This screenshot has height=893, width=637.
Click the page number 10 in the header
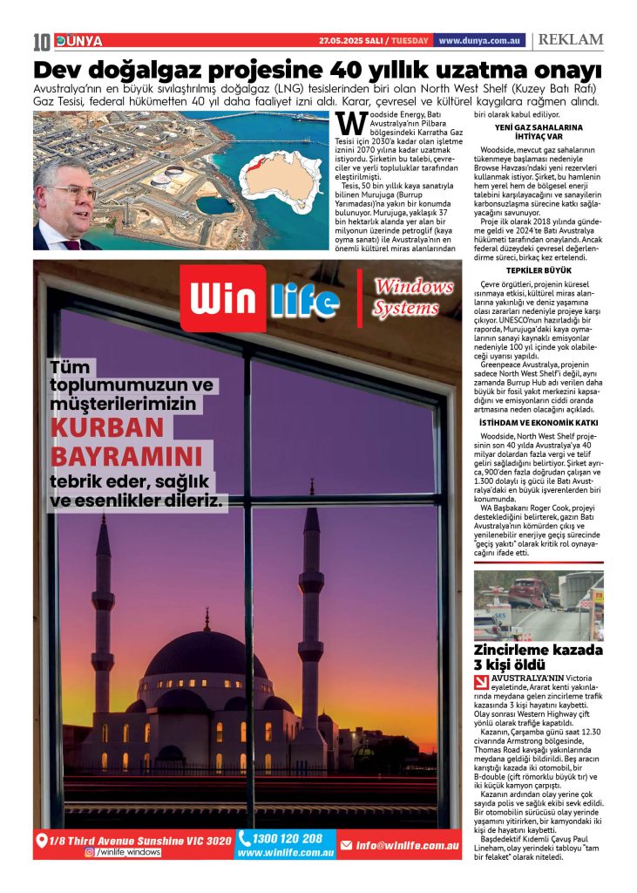point(42,41)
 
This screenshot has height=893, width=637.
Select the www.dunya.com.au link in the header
point(479,41)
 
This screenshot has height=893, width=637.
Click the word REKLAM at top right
point(570,40)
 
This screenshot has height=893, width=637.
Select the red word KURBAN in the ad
point(107,428)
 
